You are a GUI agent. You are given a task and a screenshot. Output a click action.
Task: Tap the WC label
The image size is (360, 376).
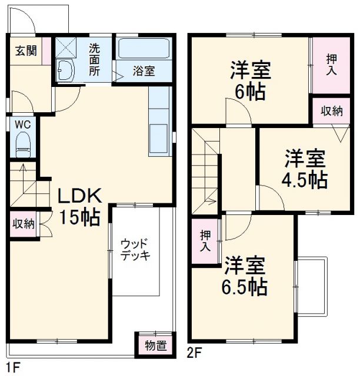(22, 124)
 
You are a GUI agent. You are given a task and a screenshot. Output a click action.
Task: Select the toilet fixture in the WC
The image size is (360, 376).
(22, 144)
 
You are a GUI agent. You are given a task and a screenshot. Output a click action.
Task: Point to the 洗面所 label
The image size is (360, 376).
(94, 59)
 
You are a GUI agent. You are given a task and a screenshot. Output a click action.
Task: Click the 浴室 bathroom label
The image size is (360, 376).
(144, 71)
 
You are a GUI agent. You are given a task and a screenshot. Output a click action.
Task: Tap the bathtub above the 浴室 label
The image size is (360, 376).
(144, 49)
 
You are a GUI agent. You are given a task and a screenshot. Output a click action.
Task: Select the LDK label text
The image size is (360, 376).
(79, 196)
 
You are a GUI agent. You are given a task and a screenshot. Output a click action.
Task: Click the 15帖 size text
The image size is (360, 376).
(78, 217)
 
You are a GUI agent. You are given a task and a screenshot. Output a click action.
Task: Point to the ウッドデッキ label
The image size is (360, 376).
(135, 250)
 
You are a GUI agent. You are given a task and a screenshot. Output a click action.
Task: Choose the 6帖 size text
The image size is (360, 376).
(249, 92)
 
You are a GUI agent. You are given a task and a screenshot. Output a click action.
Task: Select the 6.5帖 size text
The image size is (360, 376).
(245, 287)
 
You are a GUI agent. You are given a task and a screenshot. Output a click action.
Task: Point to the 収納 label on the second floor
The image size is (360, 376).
(332, 112)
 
